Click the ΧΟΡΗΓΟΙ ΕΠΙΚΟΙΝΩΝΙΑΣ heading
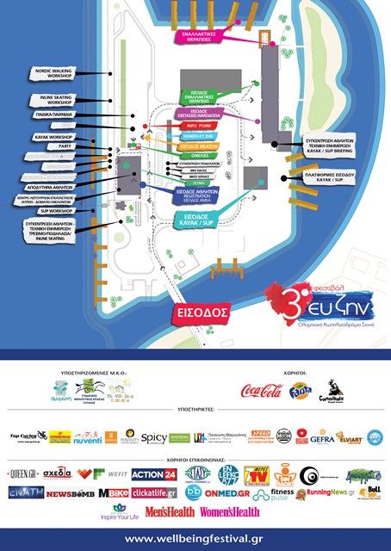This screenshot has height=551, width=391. (x=195, y=457)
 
